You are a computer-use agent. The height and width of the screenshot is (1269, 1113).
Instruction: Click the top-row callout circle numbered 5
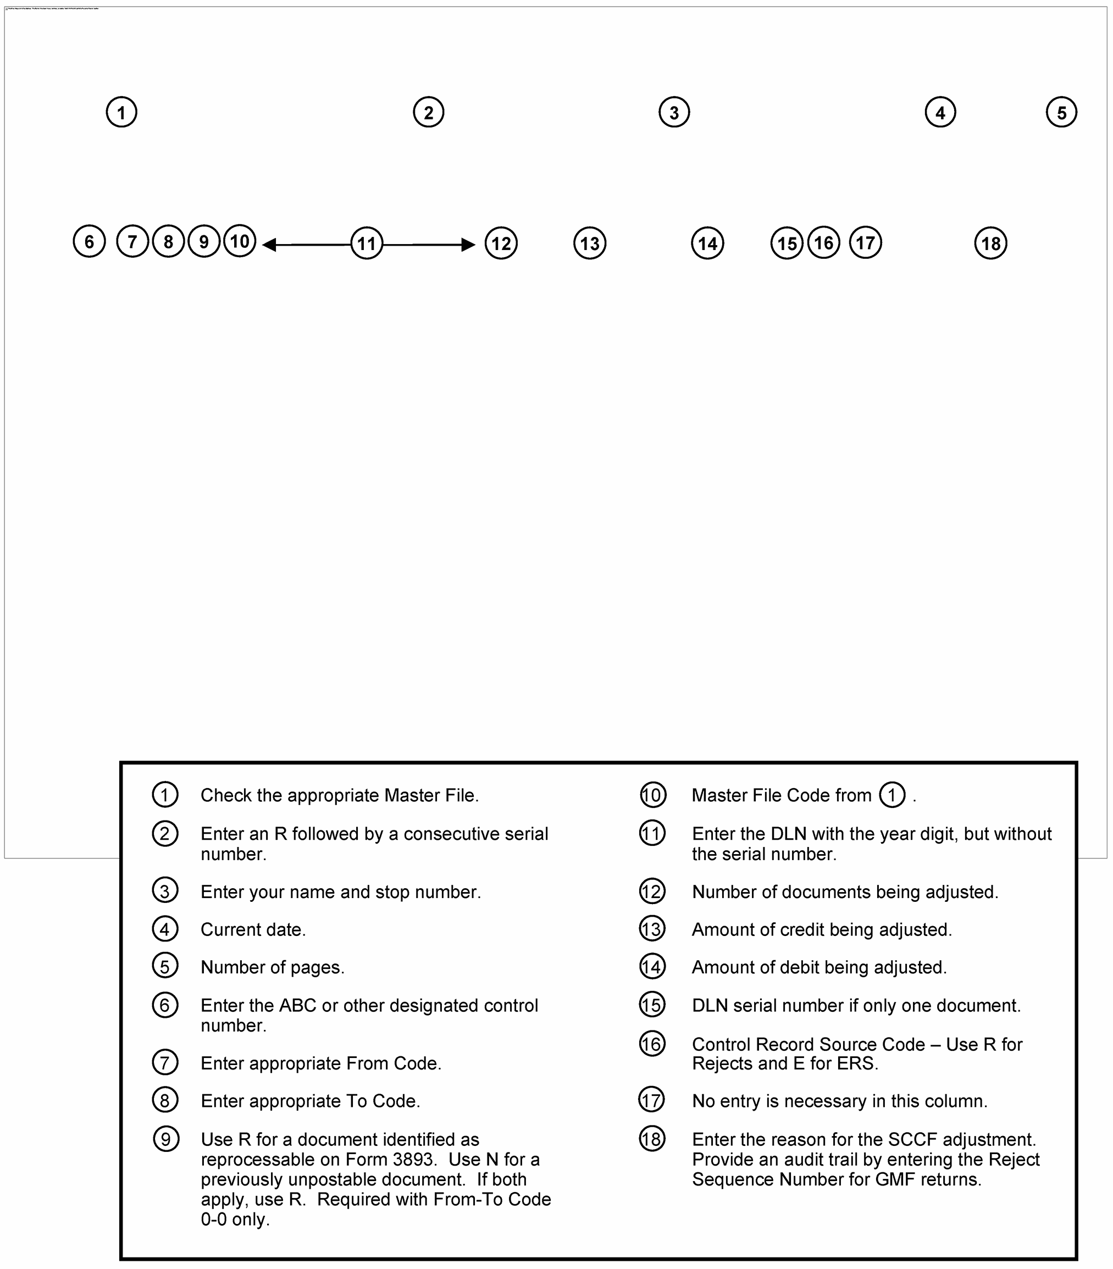pos(1061,112)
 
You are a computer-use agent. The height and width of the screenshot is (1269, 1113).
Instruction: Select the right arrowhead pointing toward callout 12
pos(469,245)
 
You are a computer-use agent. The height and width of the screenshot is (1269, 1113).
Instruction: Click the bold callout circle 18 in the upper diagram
pos(990,243)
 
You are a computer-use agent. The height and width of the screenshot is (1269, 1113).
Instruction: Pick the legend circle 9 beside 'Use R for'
pos(166,1139)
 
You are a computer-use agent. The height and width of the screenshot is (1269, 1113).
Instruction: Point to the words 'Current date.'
pos(253,929)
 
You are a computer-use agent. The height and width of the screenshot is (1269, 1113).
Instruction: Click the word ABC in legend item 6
pos(297,1005)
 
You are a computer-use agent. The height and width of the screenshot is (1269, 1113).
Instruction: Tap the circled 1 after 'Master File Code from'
pos(892,795)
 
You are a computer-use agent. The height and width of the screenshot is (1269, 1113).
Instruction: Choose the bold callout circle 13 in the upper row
pos(589,243)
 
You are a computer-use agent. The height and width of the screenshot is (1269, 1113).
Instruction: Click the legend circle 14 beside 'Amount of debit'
pos(652,967)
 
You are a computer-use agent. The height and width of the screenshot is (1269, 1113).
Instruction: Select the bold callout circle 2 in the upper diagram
pos(428,112)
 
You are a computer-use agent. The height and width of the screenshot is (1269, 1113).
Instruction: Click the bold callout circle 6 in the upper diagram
pos(89,241)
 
